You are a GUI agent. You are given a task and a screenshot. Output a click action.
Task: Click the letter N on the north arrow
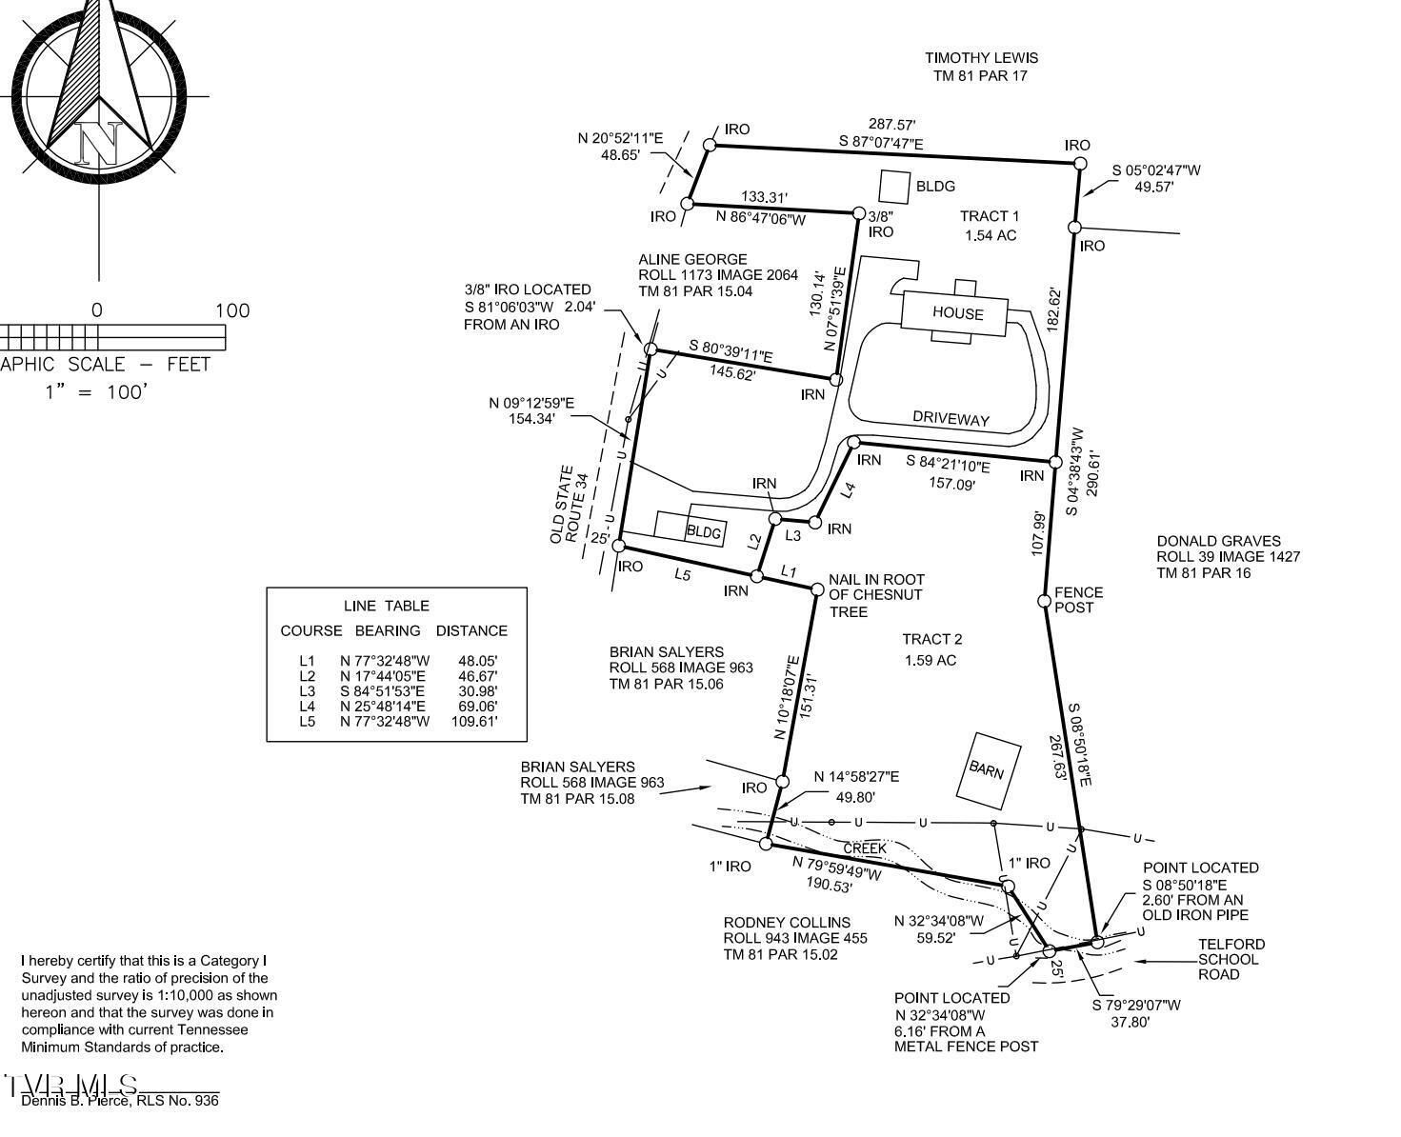pos(99,143)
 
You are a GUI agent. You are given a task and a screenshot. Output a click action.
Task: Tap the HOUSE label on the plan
pos(957,313)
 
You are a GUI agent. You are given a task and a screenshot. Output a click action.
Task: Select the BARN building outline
pos(988,770)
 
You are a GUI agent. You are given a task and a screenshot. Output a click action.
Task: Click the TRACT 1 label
pos(989,216)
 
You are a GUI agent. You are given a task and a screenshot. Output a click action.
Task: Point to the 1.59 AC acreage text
pos(930,660)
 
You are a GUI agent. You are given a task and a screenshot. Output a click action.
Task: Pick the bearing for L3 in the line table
pos(382,691)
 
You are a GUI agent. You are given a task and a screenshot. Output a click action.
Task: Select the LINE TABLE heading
pos(386,606)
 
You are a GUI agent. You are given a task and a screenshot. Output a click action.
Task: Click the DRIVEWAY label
pos(951,419)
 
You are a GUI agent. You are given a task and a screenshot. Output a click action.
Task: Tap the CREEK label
pos(865,849)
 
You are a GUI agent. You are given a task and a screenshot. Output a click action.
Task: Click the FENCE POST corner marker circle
pos(1044,601)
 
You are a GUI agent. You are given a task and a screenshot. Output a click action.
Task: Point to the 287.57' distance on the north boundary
pos(891,125)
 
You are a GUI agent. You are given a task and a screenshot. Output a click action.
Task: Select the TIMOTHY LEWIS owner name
pos(981,58)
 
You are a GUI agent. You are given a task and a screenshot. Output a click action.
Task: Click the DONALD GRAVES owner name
pos(1219,541)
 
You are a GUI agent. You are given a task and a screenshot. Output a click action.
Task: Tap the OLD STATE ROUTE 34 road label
pos(570,505)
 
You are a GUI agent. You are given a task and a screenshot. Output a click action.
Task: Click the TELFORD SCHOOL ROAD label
pos(1231,960)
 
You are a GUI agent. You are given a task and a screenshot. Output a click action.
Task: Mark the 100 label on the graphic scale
pos(232,310)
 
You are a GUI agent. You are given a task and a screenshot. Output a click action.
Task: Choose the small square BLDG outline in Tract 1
pos(894,188)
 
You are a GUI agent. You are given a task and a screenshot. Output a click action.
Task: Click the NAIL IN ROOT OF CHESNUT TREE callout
pos(876,596)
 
